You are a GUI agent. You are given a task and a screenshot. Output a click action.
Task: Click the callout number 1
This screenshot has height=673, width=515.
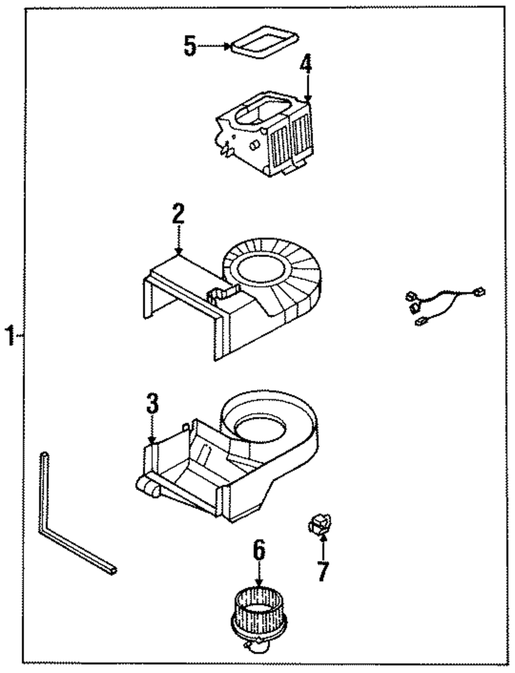9,336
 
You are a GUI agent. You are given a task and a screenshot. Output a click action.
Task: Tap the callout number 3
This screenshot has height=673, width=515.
152,403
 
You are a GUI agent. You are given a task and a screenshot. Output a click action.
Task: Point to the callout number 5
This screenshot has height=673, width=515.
190,47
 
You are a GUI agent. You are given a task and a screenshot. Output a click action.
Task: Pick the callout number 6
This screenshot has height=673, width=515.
259,550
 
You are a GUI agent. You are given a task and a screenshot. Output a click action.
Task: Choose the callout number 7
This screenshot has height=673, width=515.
323,570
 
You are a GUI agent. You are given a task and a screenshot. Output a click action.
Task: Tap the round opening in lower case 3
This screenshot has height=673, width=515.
260,427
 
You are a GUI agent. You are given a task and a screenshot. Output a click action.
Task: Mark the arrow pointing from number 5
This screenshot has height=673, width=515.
214,46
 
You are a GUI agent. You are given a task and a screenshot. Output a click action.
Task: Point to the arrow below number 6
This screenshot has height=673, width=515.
259,575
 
